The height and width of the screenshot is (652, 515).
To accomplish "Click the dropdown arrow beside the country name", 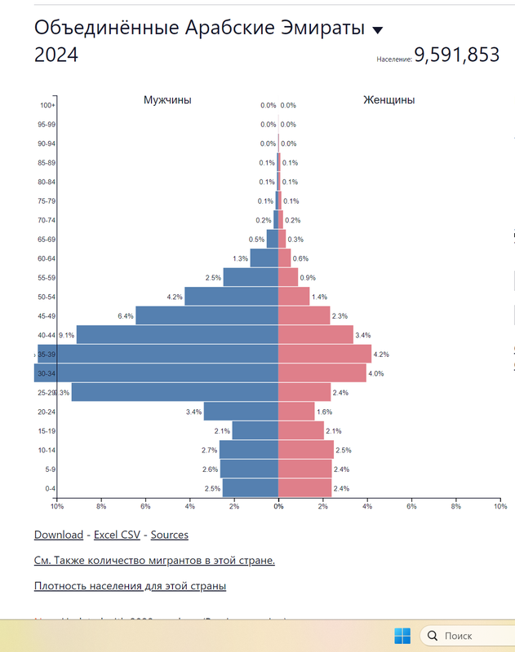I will point(377,30).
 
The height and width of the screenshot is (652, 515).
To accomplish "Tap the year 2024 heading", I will point(56,55).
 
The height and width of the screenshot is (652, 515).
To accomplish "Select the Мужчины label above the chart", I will point(167,100).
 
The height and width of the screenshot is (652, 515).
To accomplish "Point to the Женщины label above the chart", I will point(388,100).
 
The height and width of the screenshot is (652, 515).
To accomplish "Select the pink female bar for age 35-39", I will point(325,354).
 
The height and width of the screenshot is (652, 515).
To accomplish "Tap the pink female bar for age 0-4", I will point(304,487).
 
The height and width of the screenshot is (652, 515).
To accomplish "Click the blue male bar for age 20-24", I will point(241,411).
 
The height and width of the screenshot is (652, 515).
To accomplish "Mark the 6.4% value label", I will point(125,315).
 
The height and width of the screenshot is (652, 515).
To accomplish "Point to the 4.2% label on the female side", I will point(381,355).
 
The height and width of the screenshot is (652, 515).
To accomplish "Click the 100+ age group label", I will point(47,105).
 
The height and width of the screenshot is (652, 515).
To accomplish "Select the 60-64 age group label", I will point(46,258).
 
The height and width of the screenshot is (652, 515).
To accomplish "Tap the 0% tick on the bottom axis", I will point(278,506).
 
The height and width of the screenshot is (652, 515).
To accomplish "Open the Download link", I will point(58,535).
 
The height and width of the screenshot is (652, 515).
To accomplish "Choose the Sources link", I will point(169,535).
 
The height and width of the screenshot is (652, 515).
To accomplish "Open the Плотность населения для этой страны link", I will point(130,585).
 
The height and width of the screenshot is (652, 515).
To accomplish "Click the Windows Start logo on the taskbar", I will point(403,635).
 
